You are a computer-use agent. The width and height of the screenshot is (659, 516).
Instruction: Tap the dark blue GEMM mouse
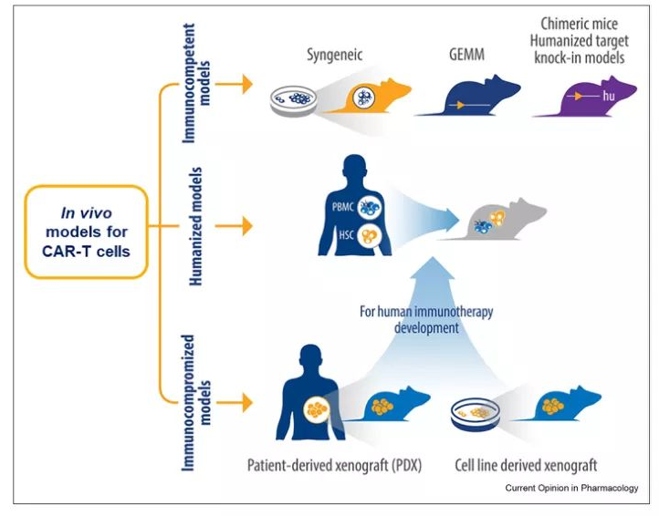[471, 98]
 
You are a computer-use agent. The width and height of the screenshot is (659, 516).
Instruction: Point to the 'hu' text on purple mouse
[609, 96]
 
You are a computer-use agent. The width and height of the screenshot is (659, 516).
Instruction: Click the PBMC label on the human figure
[343, 207]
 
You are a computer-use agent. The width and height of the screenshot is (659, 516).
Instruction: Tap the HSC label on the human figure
[346, 235]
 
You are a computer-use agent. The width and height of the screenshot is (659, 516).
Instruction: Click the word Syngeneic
[335, 55]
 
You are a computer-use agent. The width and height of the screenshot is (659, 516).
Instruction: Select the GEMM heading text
[466, 55]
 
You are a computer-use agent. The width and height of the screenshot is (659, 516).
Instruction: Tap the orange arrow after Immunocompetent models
[234, 85]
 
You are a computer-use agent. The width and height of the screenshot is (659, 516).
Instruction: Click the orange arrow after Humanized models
[234, 226]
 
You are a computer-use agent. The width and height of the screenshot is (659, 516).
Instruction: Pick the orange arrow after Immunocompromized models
[234, 403]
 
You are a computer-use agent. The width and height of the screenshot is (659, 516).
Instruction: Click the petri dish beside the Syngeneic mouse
[293, 101]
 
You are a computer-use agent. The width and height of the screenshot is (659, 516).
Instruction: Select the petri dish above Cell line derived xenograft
[476, 415]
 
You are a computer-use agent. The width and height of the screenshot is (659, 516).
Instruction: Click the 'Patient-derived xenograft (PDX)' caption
[334, 465]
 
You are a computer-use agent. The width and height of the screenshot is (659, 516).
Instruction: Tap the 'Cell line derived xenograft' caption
[526, 465]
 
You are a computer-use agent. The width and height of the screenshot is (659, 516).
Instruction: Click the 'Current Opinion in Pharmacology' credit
[571, 488]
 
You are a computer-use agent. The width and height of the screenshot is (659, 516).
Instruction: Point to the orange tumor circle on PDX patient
[317, 409]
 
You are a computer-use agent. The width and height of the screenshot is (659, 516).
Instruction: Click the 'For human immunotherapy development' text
[426, 319]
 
